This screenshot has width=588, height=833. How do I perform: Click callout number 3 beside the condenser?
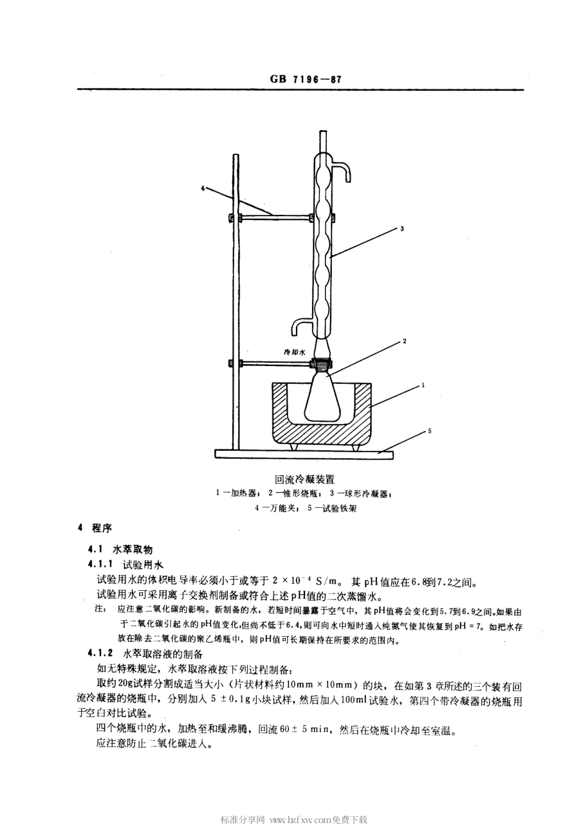pos(402,229)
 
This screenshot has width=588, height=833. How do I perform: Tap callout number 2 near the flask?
pos(404,341)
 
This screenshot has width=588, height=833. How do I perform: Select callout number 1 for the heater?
pos(422,385)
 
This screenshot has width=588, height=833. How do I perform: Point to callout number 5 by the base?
pos(430,431)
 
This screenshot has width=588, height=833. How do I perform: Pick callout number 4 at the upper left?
pos(202,186)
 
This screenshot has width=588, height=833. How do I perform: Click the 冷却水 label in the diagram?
pos(295,351)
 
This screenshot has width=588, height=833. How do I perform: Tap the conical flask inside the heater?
pos(322,399)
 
